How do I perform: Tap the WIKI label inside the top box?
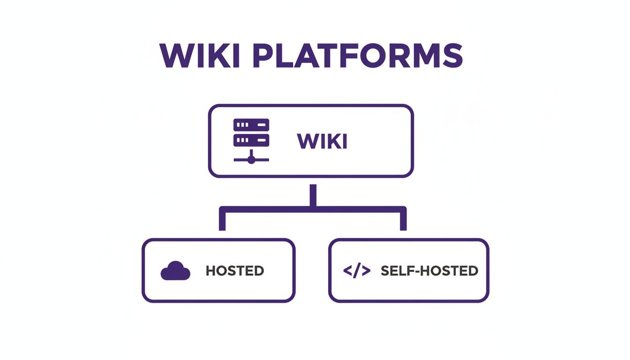[322, 141]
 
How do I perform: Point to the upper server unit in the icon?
[251, 125]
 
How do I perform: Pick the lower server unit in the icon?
[251, 140]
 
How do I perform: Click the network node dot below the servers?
[251, 160]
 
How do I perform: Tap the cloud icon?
[175, 271]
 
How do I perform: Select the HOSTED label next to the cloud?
[235, 271]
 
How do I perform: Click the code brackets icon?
[357, 271]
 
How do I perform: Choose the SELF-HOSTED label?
[429, 271]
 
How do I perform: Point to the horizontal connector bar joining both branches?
[313, 210]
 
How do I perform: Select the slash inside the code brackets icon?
[357, 271]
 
